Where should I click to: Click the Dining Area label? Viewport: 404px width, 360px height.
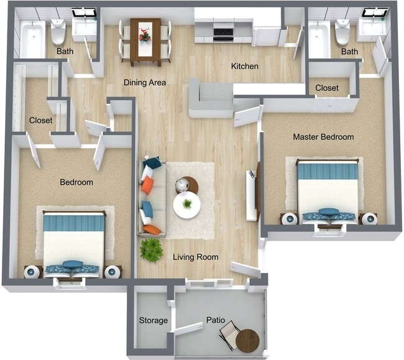tap(144, 82)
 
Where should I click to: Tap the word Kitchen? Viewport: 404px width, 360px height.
tap(245, 67)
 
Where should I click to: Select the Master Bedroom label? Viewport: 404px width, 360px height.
tap(323, 137)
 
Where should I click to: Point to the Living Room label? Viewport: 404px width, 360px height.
tap(195, 257)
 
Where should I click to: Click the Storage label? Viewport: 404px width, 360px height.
tap(154, 320)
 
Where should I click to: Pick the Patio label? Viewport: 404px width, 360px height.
tap(216, 320)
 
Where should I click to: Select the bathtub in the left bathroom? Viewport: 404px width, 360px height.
tap(32, 39)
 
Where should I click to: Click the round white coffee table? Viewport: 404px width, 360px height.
tap(187, 205)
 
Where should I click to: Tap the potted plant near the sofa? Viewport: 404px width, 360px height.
tap(151, 250)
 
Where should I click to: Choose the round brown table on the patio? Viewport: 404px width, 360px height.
tap(247, 340)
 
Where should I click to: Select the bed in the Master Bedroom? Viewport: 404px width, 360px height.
tap(328, 190)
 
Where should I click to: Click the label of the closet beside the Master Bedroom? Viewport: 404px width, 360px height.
tap(327, 88)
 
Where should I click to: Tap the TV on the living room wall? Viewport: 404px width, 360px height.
tap(251, 195)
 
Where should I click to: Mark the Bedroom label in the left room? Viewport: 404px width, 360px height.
tap(76, 182)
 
